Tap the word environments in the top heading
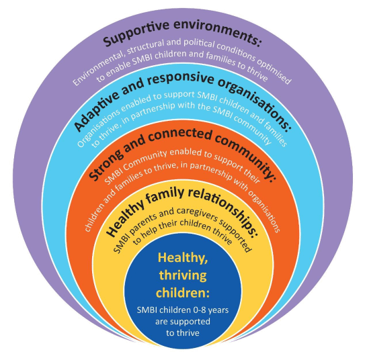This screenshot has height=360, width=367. [217, 32]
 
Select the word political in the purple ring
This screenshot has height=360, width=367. [199, 43]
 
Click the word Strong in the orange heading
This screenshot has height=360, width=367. [106, 163]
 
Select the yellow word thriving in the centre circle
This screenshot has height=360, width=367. [183, 276]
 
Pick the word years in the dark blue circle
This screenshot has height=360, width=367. [218, 311]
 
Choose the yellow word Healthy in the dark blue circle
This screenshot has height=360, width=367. [183, 259]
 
